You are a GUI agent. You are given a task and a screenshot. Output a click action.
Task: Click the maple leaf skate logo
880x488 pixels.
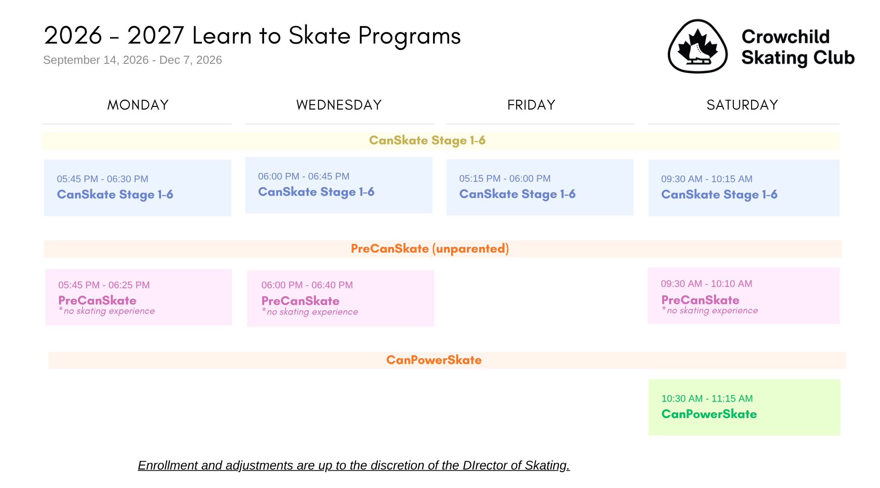click(x=698, y=46)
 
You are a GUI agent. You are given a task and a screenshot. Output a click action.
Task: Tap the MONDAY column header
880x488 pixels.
click(x=138, y=105)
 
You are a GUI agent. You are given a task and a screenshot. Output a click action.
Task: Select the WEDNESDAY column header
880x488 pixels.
click(x=339, y=105)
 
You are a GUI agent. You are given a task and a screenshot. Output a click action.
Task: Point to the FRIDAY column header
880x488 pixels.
click(x=531, y=105)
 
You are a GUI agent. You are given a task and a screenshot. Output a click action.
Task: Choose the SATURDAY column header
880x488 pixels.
click(x=742, y=105)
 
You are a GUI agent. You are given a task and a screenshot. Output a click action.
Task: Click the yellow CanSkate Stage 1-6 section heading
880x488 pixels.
click(x=427, y=140)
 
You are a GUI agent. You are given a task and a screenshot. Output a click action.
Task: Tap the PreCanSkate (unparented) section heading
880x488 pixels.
click(x=430, y=249)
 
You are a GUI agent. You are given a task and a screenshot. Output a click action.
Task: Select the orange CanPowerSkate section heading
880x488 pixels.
click(x=434, y=360)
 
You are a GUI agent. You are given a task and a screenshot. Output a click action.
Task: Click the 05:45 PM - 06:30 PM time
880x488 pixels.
click(x=103, y=179)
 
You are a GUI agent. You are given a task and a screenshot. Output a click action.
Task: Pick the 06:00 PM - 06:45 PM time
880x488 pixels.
click(x=304, y=176)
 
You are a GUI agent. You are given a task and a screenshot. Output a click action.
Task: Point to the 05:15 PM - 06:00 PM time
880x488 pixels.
click(x=505, y=179)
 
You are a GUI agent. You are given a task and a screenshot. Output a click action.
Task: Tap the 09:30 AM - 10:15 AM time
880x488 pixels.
click(x=707, y=179)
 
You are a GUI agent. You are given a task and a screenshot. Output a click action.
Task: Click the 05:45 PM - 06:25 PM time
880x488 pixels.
click(x=104, y=285)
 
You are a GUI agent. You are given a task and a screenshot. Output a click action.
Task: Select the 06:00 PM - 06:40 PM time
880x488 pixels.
click(x=307, y=285)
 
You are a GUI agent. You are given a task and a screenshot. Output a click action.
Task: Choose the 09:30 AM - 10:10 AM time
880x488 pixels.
click(x=707, y=284)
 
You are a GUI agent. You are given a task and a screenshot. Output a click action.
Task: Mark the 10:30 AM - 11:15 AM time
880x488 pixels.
click(x=707, y=399)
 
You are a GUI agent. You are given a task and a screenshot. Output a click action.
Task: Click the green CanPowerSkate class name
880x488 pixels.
click(x=709, y=414)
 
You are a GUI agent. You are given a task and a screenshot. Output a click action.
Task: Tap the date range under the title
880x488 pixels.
click(x=132, y=60)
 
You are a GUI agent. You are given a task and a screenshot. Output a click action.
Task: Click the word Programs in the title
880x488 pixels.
click(x=410, y=36)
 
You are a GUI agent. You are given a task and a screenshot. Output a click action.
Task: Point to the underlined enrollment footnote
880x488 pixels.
click(x=354, y=466)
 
